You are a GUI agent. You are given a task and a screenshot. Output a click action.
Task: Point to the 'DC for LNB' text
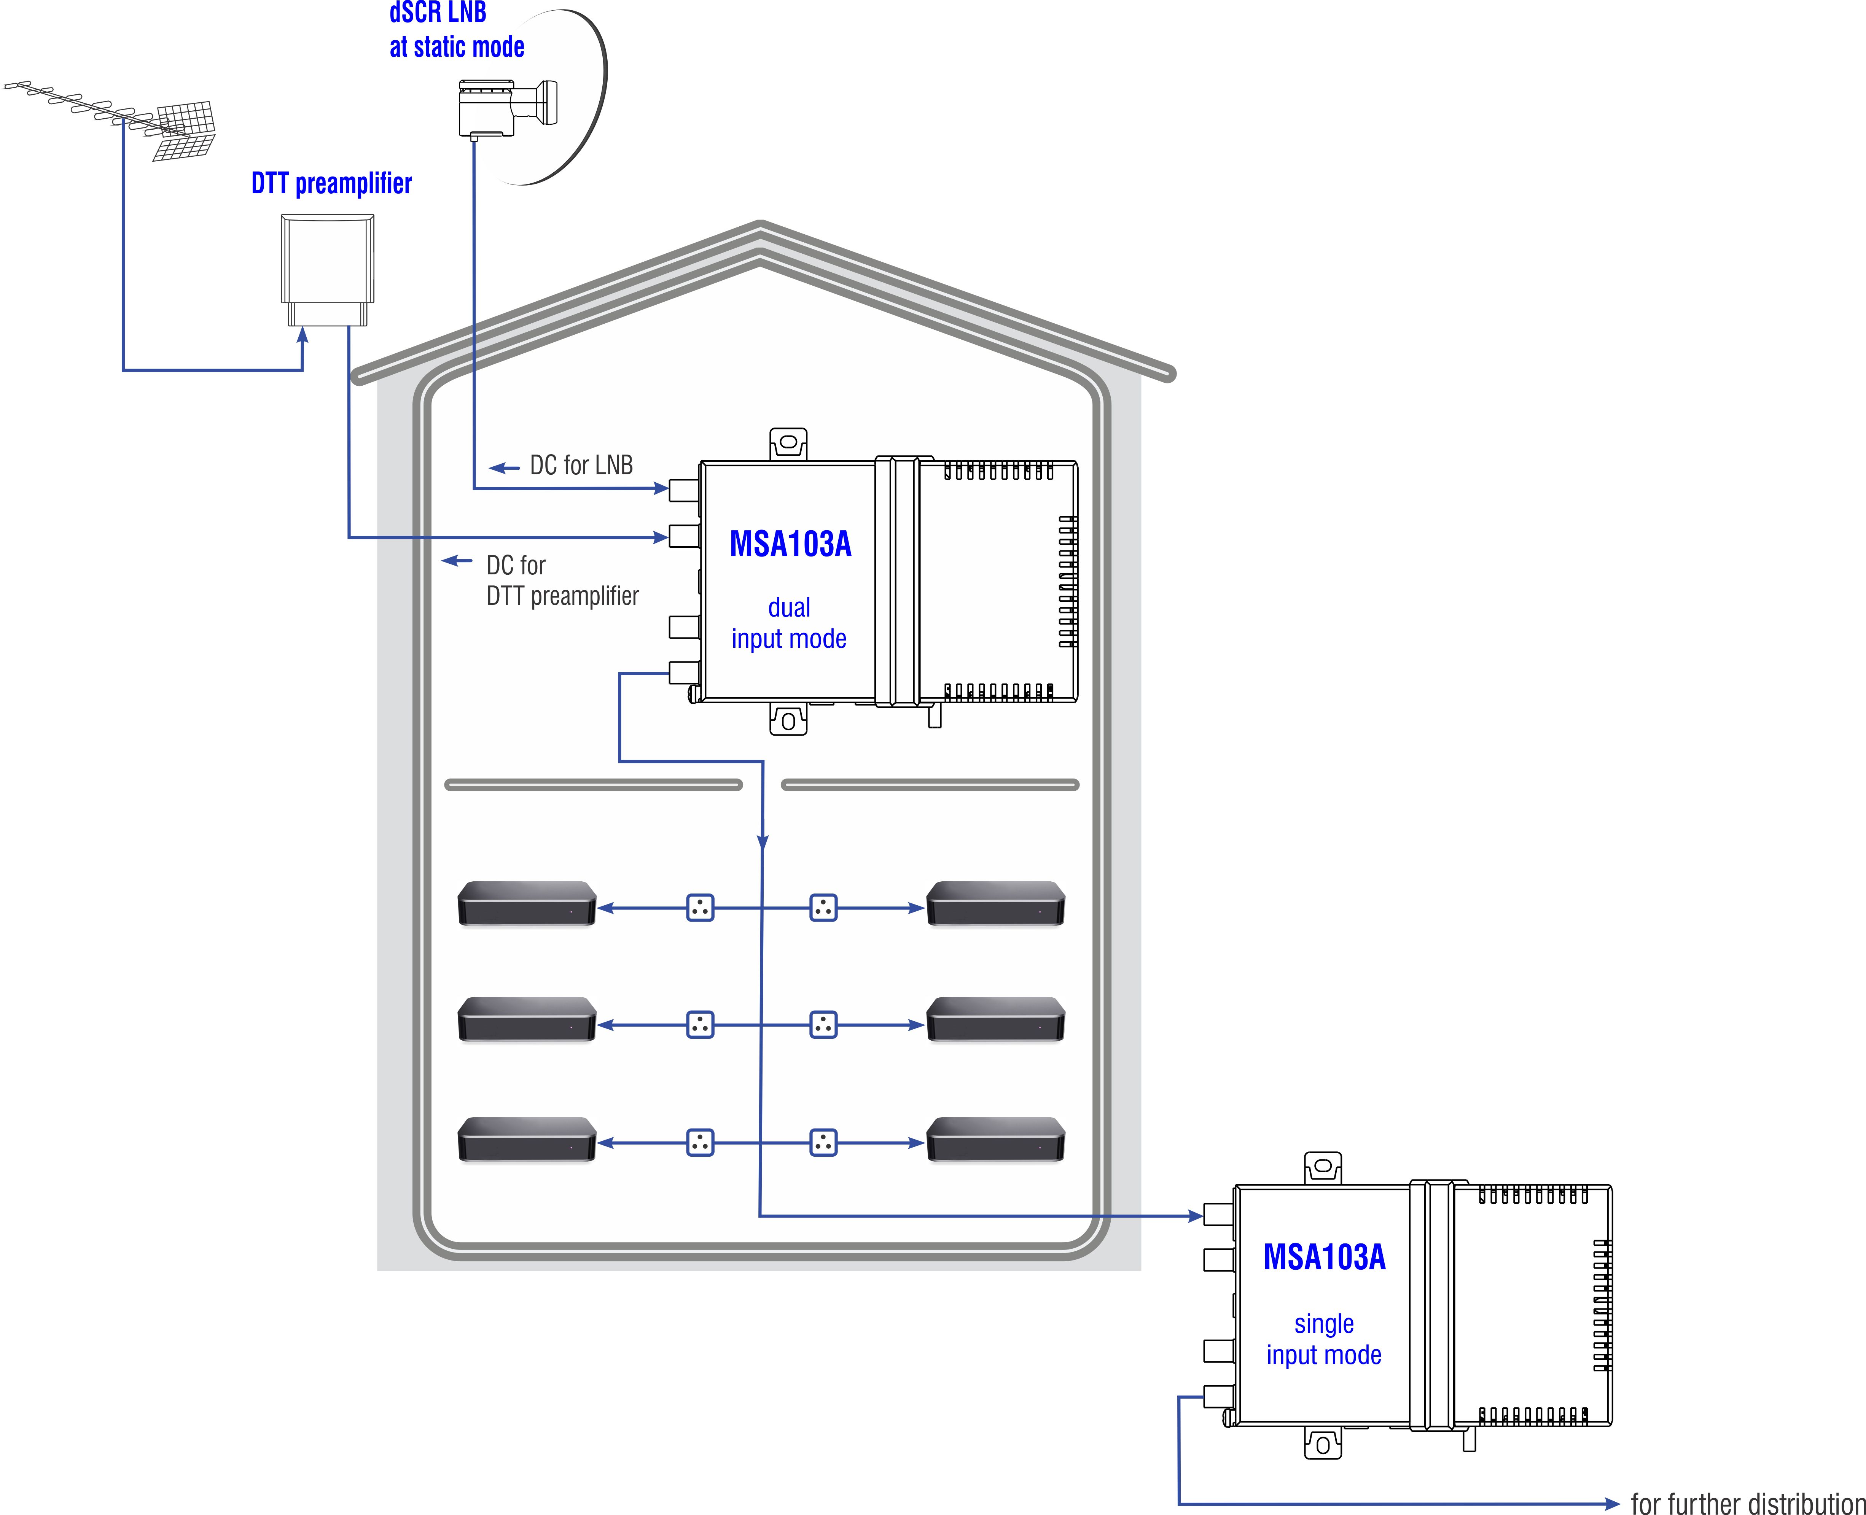coord(581,465)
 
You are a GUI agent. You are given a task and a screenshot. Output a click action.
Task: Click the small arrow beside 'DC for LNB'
coord(505,469)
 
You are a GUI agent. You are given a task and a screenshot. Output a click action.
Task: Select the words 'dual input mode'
coord(789,623)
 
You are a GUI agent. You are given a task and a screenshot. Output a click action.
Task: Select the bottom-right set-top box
coord(995,1139)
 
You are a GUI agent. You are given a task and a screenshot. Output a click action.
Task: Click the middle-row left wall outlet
coord(700,1025)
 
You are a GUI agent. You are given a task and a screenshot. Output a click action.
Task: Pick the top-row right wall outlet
coord(823,908)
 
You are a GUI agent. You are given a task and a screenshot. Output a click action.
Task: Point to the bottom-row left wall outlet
coord(700,1142)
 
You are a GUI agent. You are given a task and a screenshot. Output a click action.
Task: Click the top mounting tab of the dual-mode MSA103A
coord(788,444)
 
